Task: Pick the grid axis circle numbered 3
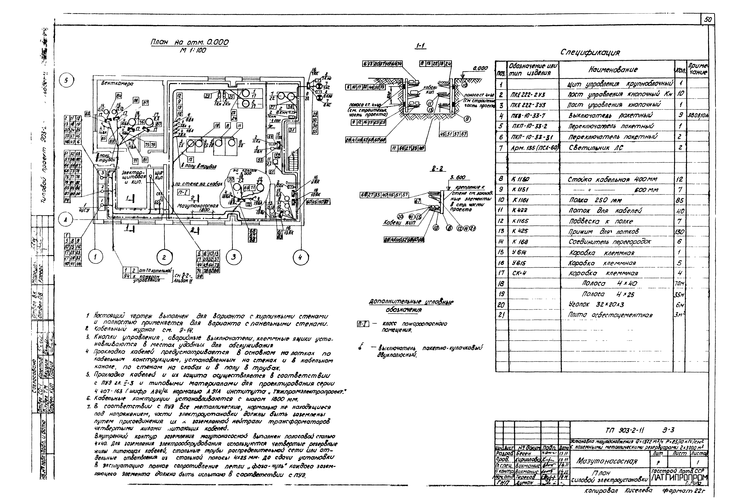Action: coord(234,257)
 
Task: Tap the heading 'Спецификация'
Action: coord(590,52)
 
